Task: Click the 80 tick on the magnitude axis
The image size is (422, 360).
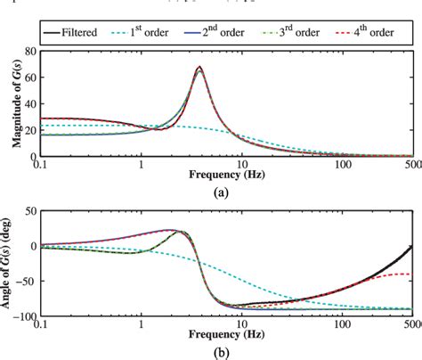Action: (29, 53)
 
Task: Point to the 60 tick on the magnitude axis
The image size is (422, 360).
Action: (29, 78)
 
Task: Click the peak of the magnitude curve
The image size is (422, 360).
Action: (199, 68)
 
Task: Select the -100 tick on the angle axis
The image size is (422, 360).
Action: (23, 315)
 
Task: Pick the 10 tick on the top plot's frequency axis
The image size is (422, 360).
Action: (242, 165)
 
